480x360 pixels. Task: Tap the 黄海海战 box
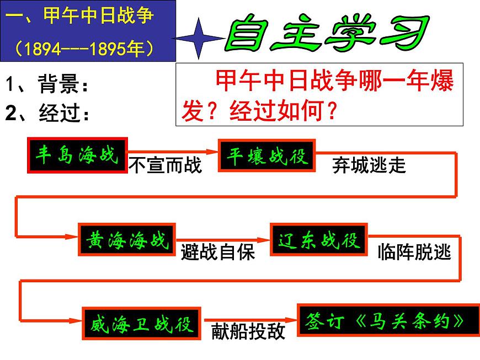pyautogui.click(x=127, y=240)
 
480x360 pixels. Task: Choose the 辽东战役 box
pyautogui.click(x=319, y=240)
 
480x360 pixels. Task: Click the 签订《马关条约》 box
pyautogui.click(x=388, y=320)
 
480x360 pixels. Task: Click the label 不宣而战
pyautogui.click(x=165, y=165)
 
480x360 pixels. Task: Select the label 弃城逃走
pyautogui.click(x=369, y=165)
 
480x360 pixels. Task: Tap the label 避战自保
pyautogui.click(x=218, y=252)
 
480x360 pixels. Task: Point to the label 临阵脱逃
pyautogui.click(x=414, y=252)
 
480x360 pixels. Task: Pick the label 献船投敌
pyautogui.click(x=248, y=331)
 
